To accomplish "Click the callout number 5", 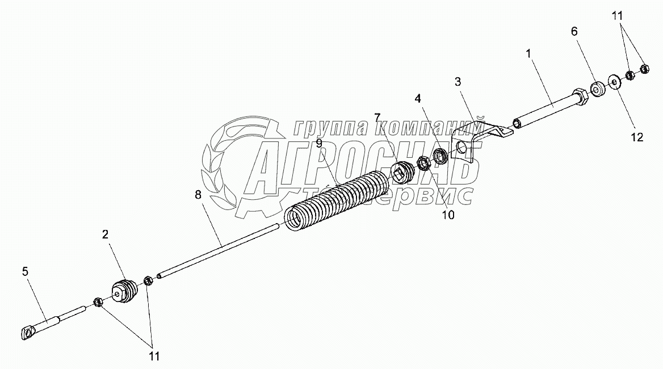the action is pyautogui.click(x=25, y=272).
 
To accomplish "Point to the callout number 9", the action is pyautogui.click(x=320, y=144).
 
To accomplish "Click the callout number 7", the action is pyautogui.click(x=377, y=118).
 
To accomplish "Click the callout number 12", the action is pyautogui.click(x=637, y=137).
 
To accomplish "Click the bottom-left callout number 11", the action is pyautogui.click(x=153, y=356).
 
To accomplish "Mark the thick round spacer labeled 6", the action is pyautogui.click(x=597, y=89).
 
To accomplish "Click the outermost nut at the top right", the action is pyautogui.click(x=644, y=69).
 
